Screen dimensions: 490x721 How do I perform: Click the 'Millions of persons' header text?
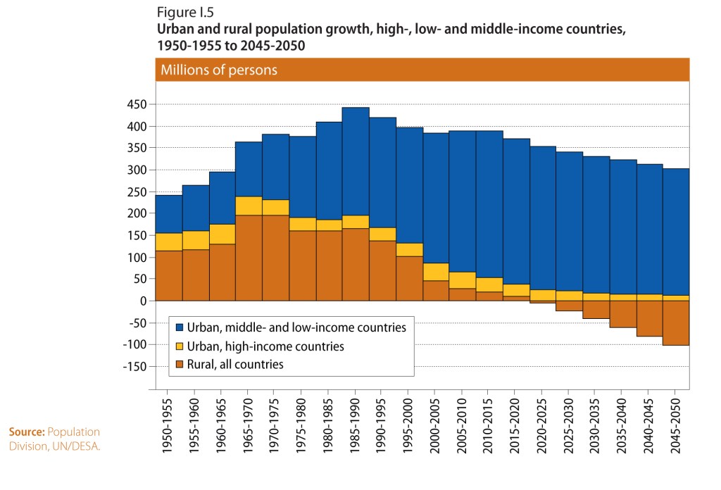(x=219, y=70)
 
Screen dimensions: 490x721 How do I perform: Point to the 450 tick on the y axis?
(x=137, y=105)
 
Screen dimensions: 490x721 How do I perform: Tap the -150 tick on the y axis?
(x=134, y=367)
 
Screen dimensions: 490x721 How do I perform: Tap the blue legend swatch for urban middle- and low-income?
(x=180, y=328)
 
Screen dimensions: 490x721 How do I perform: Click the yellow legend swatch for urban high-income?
(x=180, y=346)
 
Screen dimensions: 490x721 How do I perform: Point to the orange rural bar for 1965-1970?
(x=249, y=258)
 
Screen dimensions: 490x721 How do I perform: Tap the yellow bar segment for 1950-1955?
(x=168, y=241)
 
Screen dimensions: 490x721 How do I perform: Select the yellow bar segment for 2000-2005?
(x=436, y=272)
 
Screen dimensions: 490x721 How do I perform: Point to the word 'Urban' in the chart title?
(x=173, y=31)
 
